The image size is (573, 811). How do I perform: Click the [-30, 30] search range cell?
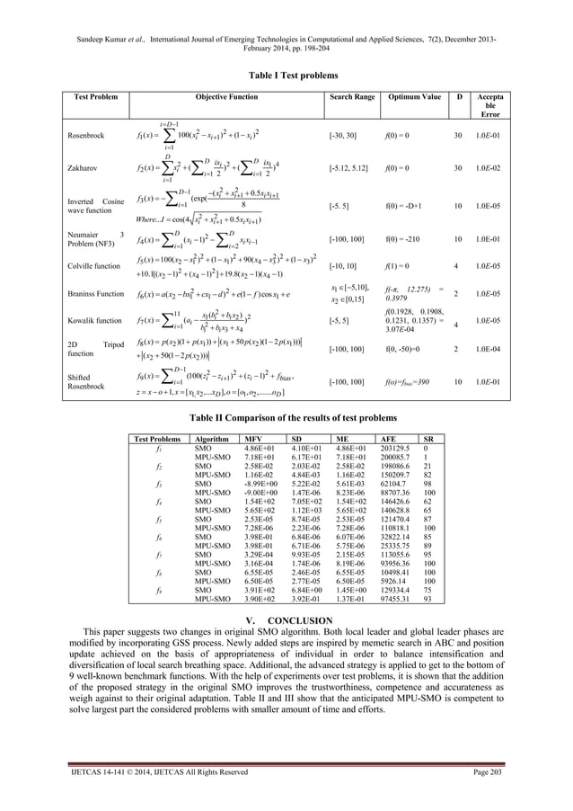346,136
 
